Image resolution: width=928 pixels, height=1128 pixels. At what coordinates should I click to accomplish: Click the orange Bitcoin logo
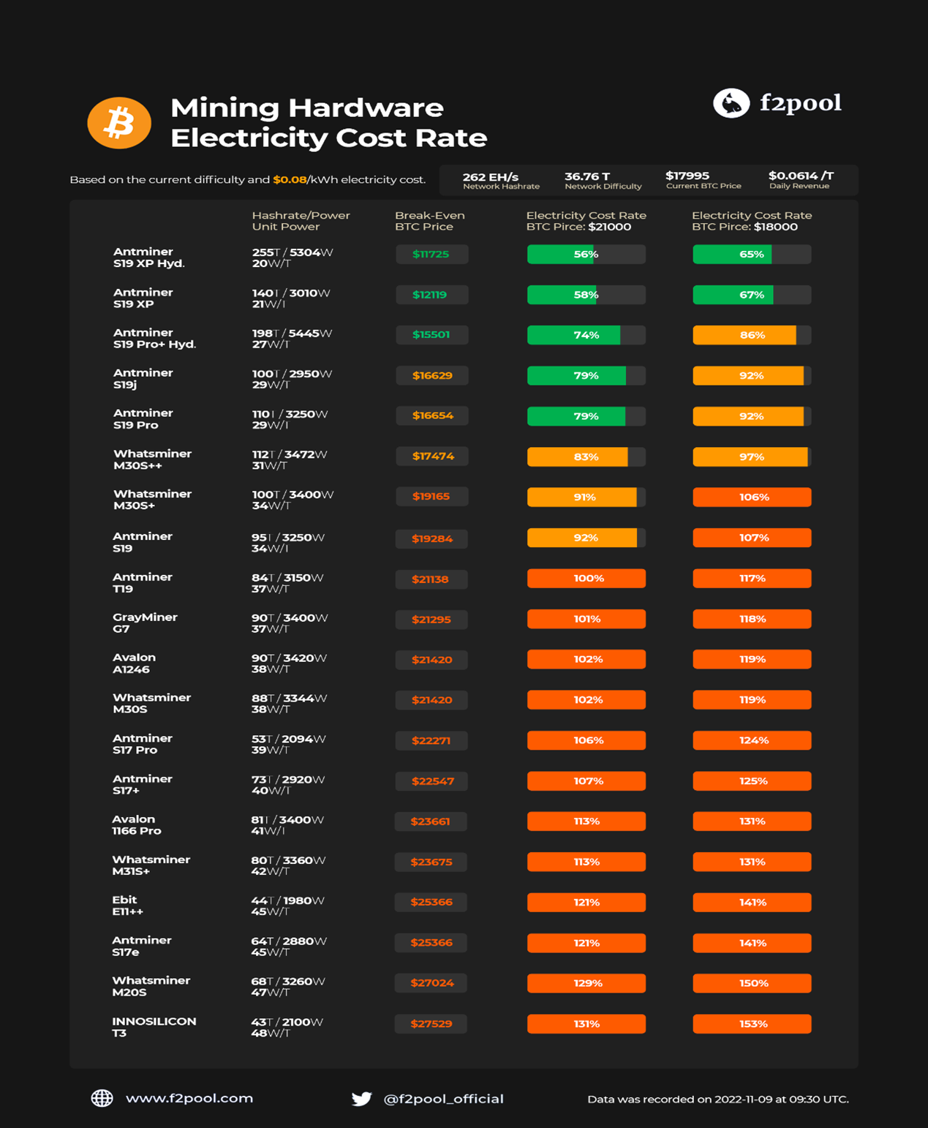pos(119,123)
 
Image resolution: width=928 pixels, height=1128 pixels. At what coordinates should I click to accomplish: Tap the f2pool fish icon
pos(731,103)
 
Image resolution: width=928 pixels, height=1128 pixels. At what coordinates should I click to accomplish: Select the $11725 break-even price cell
pos(431,255)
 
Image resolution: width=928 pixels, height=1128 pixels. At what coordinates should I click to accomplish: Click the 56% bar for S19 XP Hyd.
pos(586,255)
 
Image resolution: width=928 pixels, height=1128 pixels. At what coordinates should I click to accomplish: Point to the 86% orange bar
pos(751,335)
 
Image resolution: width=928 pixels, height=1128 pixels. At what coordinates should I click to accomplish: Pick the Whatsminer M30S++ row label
pos(152,459)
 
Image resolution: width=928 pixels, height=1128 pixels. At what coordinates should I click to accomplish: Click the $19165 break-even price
pos(431,497)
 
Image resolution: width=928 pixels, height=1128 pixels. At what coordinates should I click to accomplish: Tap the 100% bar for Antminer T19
pos(586,579)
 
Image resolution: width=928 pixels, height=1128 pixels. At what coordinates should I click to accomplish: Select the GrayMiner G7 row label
pos(145,623)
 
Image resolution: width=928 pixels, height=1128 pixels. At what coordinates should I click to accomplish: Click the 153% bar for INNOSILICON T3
pos(752,1024)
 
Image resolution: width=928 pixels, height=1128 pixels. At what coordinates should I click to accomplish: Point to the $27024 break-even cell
pos(431,983)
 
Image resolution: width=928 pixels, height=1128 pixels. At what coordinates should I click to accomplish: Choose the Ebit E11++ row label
pos(127,906)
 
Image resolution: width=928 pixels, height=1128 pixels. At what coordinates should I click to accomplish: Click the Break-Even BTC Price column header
pos(429,221)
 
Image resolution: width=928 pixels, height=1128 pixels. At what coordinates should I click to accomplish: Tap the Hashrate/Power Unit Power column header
pos(301,221)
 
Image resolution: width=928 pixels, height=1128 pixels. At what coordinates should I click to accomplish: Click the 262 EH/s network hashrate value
pos(491,177)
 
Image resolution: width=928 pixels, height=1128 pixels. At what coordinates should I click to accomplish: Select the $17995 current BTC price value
pos(687,176)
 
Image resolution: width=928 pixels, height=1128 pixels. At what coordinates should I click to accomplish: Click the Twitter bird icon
pos(361,1099)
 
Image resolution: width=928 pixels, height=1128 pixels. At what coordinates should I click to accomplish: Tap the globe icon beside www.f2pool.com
pos(102,1098)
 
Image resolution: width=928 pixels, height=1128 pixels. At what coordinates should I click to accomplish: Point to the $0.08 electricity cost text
pos(290,180)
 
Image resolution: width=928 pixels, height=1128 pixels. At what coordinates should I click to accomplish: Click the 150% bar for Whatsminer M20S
pos(752,983)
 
